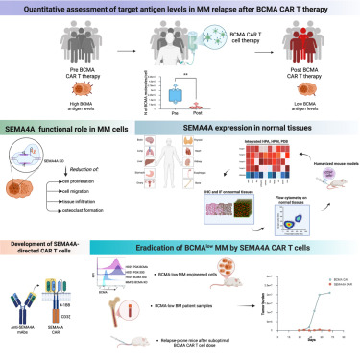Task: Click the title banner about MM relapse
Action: click(180, 10)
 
